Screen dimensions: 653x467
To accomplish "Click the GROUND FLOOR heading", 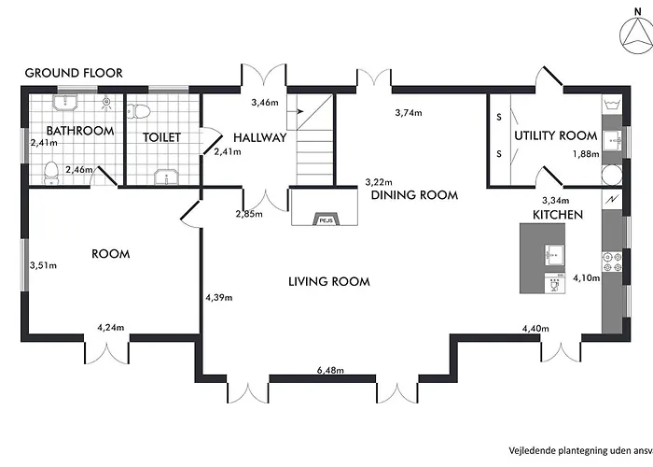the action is tap(74, 73).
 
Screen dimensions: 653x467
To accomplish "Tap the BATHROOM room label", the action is tap(80, 131).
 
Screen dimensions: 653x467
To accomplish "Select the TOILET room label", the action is tap(161, 137).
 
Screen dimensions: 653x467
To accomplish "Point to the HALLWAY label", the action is tap(260, 137).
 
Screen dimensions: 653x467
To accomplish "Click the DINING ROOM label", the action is tap(414, 195).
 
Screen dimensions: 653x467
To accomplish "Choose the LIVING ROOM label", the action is tap(329, 282).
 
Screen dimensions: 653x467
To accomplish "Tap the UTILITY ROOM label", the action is tap(556, 136).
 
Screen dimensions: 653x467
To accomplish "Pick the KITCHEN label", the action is tap(558, 215).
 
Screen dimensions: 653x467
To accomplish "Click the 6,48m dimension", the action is tap(330, 370).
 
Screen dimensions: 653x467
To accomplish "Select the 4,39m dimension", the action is tap(219, 298).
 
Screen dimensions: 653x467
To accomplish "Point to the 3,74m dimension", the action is tap(409, 113).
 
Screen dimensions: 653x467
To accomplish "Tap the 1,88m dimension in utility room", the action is tap(586, 154).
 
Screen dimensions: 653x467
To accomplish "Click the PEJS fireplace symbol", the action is tap(326, 219).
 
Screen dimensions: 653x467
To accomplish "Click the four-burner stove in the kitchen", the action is tap(612, 262).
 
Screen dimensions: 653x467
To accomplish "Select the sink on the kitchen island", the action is tap(555, 255).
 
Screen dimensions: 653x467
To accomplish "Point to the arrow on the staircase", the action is tap(298, 111).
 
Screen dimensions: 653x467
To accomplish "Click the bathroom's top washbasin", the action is tap(65, 102).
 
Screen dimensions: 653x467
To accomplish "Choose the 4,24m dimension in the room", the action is tap(111, 328).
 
